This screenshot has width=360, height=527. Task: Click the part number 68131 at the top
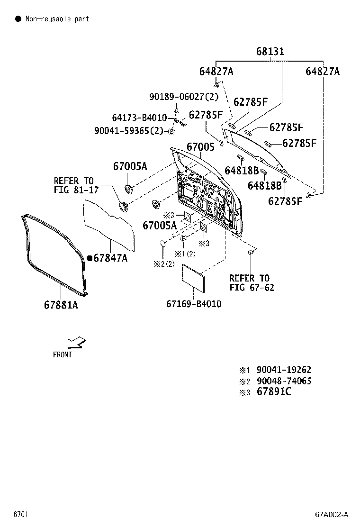click(x=270, y=51)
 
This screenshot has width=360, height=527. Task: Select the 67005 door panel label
click(x=200, y=147)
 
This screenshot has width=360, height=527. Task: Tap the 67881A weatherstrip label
click(x=61, y=305)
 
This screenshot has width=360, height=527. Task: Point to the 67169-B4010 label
click(x=194, y=304)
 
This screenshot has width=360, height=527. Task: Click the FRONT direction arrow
click(x=76, y=342)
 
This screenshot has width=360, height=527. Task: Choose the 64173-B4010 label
click(x=139, y=118)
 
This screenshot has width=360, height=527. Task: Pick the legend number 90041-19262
click(x=284, y=370)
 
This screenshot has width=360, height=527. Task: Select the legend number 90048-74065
click(x=284, y=381)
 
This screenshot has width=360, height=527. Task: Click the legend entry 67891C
click(x=274, y=392)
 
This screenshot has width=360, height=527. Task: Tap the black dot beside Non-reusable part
click(x=18, y=19)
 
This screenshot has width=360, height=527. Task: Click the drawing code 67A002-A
click(x=332, y=515)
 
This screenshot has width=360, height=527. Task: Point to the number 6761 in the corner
click(x=20, y=515)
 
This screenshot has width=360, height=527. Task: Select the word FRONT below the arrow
click(x=63, y=354)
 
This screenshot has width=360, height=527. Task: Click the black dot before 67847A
click(x=89, y=258)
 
